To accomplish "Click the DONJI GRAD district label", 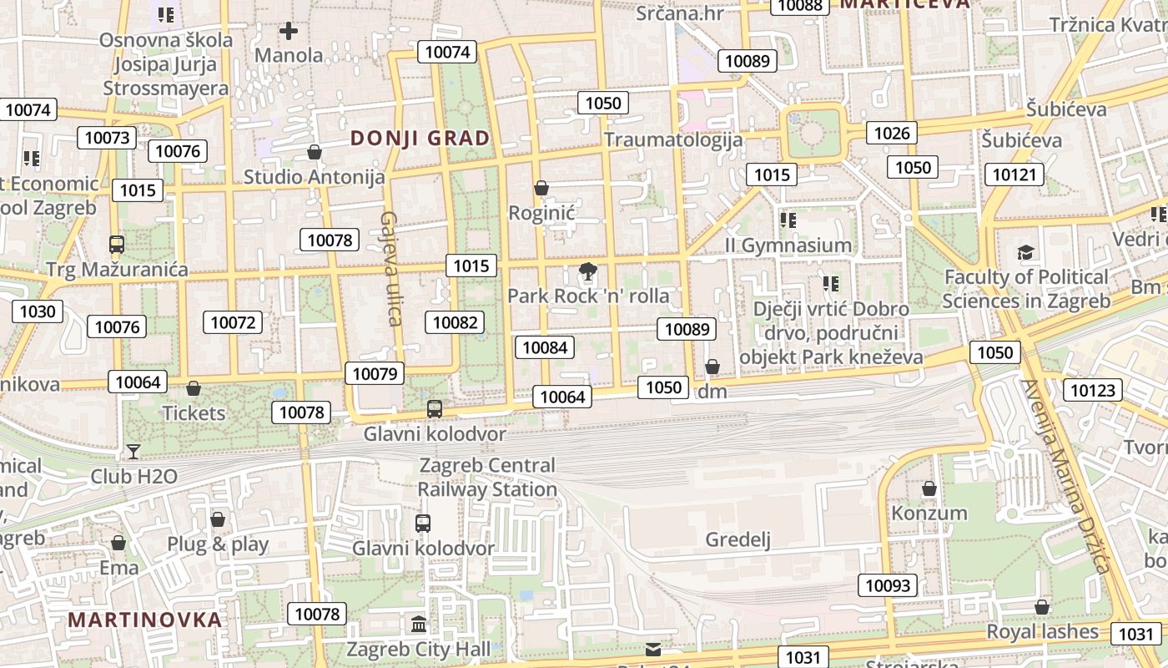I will tap(420, 139).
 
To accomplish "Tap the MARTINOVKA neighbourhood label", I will tap(145, 620).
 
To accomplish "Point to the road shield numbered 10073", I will tap(108, 138).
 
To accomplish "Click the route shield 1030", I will tap(38, 312).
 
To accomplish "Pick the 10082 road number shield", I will tap(455, 322).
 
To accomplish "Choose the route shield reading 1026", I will tap(892, 132).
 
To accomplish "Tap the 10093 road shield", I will tap(888, 585).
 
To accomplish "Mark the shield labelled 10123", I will tap(1092, 390).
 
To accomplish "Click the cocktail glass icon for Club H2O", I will tap(133, 452).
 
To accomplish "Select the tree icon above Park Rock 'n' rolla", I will tap(588, 271).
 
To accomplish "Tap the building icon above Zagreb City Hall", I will tap(419, 624).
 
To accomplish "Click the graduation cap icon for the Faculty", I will tap(1025, 252).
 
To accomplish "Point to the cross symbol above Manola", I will tap(289, 32).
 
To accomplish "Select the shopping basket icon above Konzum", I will tap(929, 488).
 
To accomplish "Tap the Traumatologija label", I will tap(673, 139).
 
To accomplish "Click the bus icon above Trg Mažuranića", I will tap(117, 245).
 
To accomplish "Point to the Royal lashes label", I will tap(1043, 631).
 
